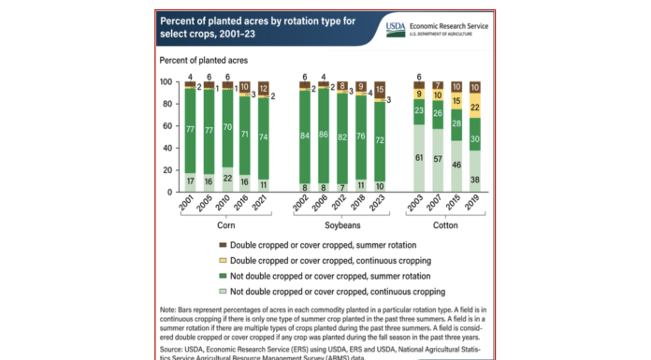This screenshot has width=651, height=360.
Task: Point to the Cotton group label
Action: click(x=447, y=225)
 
